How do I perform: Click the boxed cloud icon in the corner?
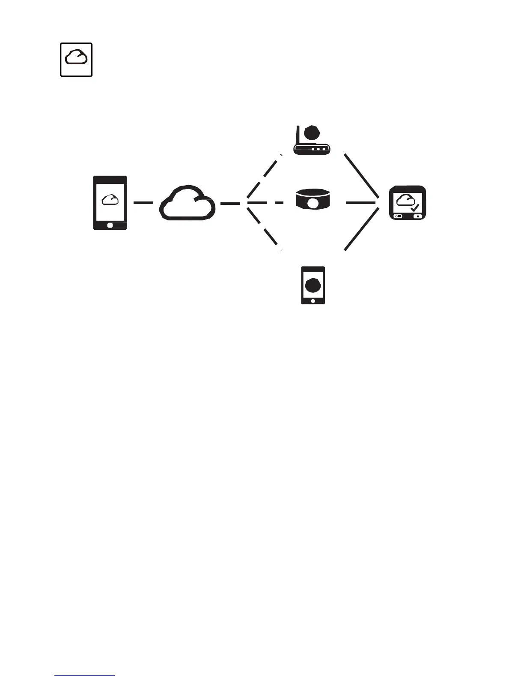click(76, 60)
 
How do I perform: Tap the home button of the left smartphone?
click(110, 225)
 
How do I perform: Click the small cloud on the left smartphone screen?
click(110, 199)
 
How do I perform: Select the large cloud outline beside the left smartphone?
click(187, 203)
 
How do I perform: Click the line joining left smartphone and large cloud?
click(143, 203)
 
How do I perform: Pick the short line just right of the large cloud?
click(230, 203)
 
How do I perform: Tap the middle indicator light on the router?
click(319, 150)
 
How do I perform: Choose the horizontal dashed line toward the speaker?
click(265, 203)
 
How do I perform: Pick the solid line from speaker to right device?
click(360, 203)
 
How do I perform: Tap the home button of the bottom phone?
click(313, 301)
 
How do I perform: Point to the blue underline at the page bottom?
click(85, 676)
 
